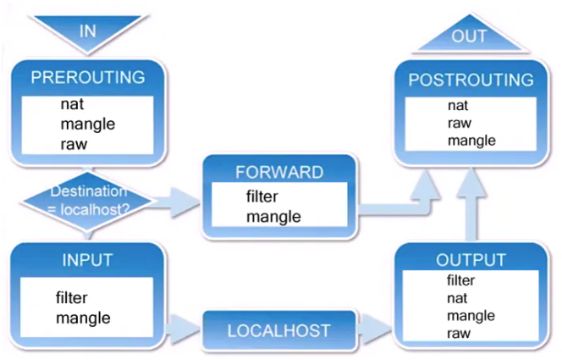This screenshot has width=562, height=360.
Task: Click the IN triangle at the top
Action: click(x=88, y=31)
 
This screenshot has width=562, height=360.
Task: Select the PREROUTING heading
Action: click(x=88, y=78)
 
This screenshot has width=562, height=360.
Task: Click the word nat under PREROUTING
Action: click(x=71, y=106)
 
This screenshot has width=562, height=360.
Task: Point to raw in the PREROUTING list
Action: click(x=74, y=143)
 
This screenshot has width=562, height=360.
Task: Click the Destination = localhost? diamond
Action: click(x=87, y=199)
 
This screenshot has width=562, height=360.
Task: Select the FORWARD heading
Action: click(x=278, y=172)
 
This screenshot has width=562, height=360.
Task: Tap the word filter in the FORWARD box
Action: click(x=267, y=196)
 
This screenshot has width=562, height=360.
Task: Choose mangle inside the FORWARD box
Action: click(x=273, y=216)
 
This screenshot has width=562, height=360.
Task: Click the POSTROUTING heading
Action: click(x=471, y=80)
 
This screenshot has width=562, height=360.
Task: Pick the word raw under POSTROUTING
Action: click(x=460, y=124)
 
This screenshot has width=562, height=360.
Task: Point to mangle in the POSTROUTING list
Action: click(x=471, y=141)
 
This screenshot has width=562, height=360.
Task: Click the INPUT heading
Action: click(x=87, y=259)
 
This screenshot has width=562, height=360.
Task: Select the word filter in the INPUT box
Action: click(x=72, y=298)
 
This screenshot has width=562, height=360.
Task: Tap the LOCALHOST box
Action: click(x=278, y=330)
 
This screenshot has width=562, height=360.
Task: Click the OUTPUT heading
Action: click(x=471, y=259)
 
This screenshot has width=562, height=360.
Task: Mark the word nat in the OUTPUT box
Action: click(x=457, y=298)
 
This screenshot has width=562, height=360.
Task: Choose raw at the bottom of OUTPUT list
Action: click(x=459, y=333)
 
